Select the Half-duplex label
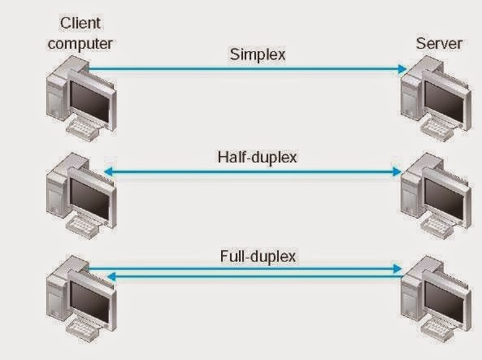point(257,156)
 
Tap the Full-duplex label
point(257,257)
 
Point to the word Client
point(80,24)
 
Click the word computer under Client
point(80,43)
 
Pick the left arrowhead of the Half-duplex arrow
point(107,171)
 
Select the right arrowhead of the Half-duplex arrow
point(399,171)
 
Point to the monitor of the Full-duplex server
point(446,299)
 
